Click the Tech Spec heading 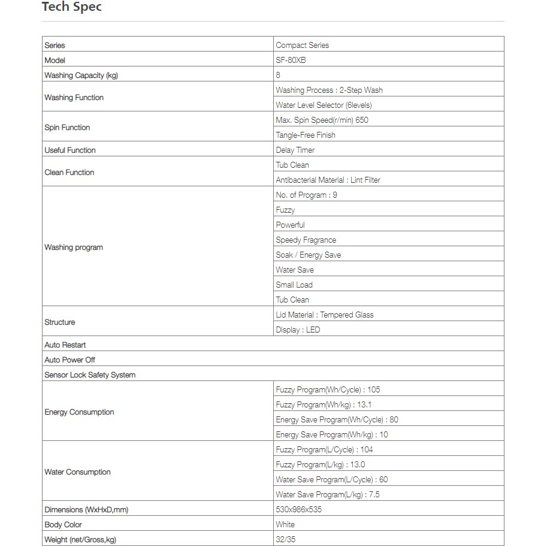(71, 8)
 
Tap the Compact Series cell (302, 45)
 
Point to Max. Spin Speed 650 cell (322, 120)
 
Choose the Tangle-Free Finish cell (306, 135)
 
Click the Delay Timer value (295, 150)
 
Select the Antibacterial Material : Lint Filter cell (328, 180)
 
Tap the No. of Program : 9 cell (306, 195)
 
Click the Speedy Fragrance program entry (306, 240)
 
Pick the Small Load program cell (294, 285)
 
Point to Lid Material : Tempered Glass (325, 315)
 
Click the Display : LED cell (298, 330)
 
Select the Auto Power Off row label (69, 359)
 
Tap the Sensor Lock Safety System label (90, 374)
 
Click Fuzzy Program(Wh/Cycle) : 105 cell (328, 389)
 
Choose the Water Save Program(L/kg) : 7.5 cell (328, 494)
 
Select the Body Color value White (285, 524)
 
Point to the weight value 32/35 (285, 539)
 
